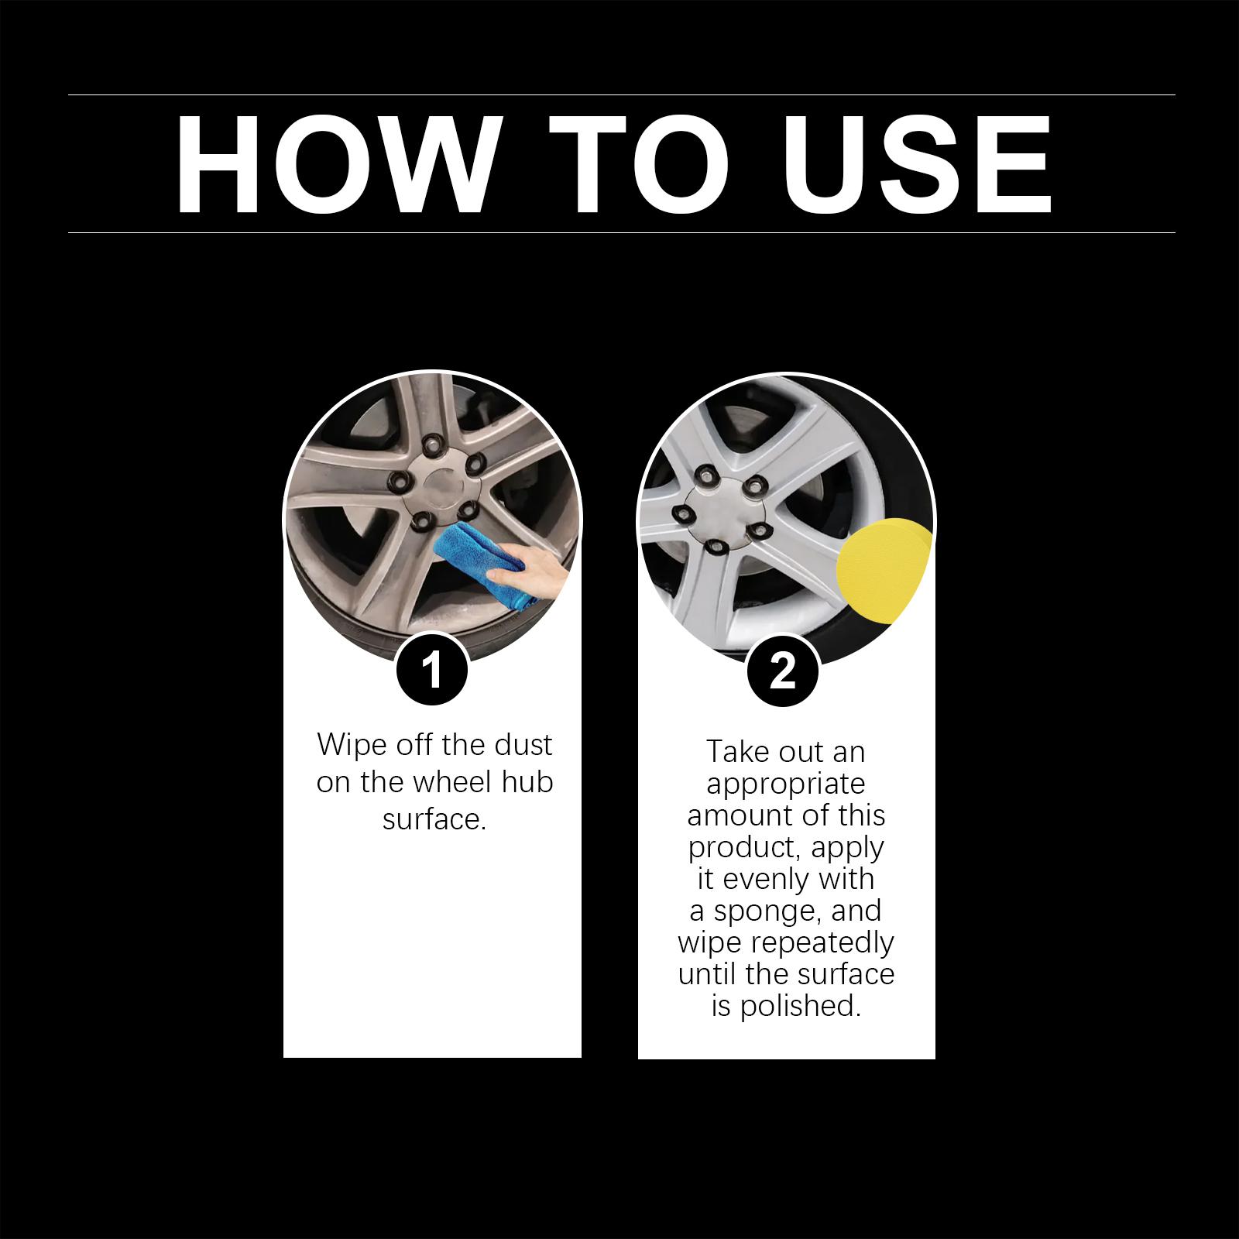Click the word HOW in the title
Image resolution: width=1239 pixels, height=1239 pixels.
tap(334, 165)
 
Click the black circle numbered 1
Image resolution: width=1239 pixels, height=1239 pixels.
tap(432, 669)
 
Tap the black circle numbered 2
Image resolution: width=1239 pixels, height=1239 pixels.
tap(783, 670)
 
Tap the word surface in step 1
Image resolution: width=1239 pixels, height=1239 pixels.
tap(434, 819)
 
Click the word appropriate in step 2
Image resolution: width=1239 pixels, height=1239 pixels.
tap(785, 784)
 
